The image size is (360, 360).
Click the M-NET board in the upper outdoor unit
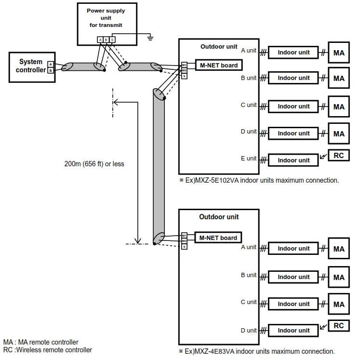click(218, 65)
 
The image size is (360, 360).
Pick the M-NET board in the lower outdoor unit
click(218, 238)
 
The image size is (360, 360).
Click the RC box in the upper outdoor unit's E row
click(339, 156)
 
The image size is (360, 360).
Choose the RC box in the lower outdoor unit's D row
click(339, 326)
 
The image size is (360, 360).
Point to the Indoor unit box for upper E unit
click(293, 160)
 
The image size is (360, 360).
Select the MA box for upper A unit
click(339, 53)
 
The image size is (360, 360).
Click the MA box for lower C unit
click(339, 304)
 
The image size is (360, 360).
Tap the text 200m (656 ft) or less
click(94, 164)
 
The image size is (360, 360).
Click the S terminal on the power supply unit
click(112, 40)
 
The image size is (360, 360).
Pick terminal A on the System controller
click(51, 64)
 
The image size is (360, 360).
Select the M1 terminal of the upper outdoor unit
click(184, 65)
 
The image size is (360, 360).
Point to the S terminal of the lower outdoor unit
click(184, 246)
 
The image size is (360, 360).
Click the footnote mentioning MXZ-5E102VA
click(259, 180)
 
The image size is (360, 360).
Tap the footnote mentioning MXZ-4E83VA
click(256, 351)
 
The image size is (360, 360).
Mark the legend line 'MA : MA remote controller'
click(40, 342)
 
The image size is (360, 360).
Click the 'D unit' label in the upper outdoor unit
click(249, 132)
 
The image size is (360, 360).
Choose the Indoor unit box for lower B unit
click(293, 277)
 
